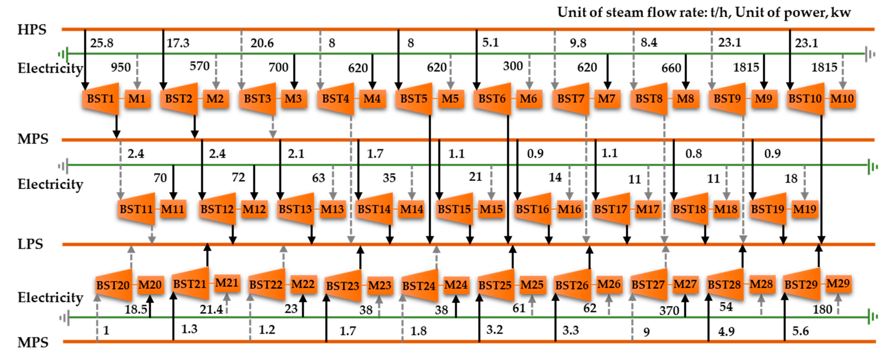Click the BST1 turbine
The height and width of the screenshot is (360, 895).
[100, 99]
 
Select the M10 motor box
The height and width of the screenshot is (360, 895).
[842, 99]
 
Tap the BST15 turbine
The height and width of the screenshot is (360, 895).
[454, 209]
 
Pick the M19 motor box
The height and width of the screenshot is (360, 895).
[805, 209]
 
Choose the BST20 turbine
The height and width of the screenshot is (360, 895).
[113, 285]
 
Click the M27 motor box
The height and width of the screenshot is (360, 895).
[685, 284]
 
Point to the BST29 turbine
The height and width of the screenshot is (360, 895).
[801, 284]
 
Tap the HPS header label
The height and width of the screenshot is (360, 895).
[32, 30]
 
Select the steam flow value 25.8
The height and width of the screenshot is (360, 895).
[102, 43]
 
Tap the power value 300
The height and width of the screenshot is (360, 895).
[513, 66]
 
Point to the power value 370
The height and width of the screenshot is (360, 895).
[669, 310]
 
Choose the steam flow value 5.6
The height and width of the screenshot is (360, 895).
[800, 331]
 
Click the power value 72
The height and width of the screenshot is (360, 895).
[238, 178]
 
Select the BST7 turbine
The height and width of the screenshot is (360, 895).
[570, 99]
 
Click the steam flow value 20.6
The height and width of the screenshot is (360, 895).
[262, 43]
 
